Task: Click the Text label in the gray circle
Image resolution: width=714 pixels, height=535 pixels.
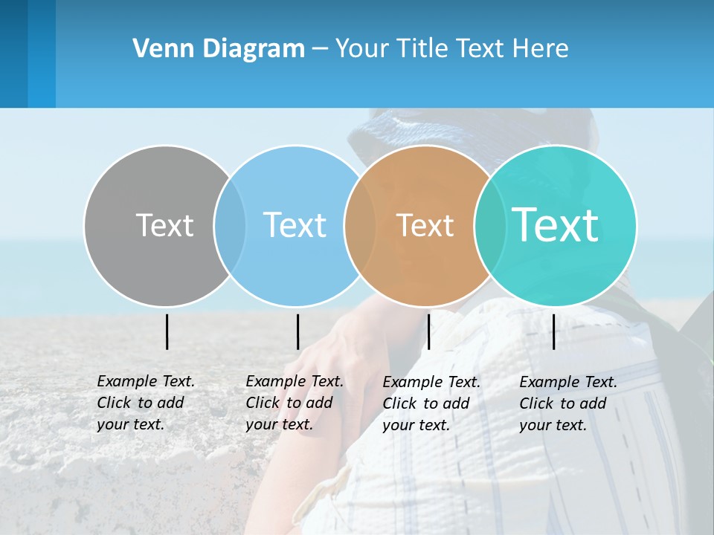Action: [164, 225]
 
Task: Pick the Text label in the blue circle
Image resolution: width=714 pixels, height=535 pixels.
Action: [295, 225]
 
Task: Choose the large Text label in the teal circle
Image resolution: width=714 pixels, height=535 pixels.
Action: [555, 224]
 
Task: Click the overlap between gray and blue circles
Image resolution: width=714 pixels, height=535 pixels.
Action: [230, 226]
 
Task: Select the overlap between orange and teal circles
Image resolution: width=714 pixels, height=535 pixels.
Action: [489, 226]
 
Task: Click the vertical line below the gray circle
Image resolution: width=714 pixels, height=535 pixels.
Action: [167, 331]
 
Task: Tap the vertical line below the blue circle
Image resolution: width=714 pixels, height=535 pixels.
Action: [297, 331]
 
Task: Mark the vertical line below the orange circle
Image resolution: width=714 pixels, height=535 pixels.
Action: [428, 331]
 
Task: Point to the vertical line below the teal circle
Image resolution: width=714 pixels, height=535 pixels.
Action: [553, 331]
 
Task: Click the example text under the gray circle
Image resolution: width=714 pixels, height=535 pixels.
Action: [145, 403]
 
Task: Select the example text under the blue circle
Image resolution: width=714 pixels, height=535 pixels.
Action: [294, 403]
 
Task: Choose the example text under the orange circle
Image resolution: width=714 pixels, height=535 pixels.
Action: [431, 403]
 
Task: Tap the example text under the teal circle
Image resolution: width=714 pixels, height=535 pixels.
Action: [567, 403]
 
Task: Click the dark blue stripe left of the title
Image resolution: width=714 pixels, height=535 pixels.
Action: [13, 53]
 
